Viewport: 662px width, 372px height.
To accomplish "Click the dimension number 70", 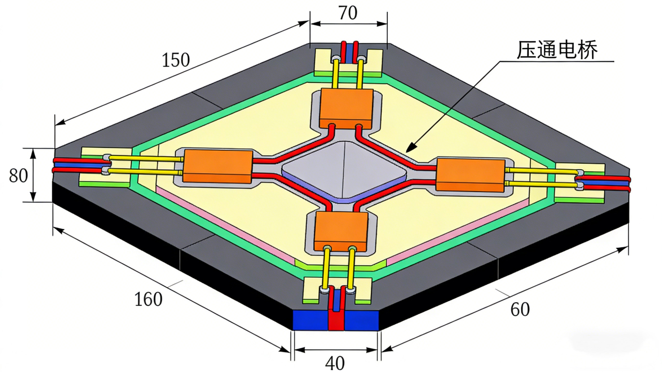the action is [x=348, y=13].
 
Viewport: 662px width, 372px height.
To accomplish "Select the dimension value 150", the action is [x=176, y=60].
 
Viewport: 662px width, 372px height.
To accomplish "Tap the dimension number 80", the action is [x=18, y=176].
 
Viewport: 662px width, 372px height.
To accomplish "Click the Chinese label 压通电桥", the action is [x=557, y=50].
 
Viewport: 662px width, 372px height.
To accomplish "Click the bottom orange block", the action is [x=341, y=231].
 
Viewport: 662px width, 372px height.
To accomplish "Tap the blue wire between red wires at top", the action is [x=349, y=53].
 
